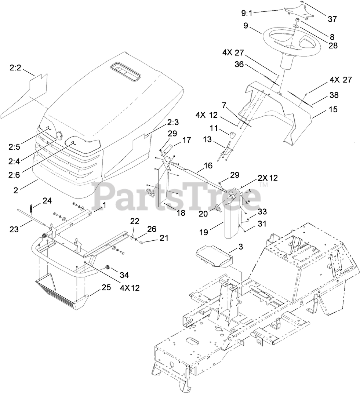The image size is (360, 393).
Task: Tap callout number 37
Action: pos(332,19)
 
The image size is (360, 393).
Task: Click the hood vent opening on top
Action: pos(125,71)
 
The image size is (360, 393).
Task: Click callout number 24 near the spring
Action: pos(47,201)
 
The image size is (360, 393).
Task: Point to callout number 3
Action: pos(240,247)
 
